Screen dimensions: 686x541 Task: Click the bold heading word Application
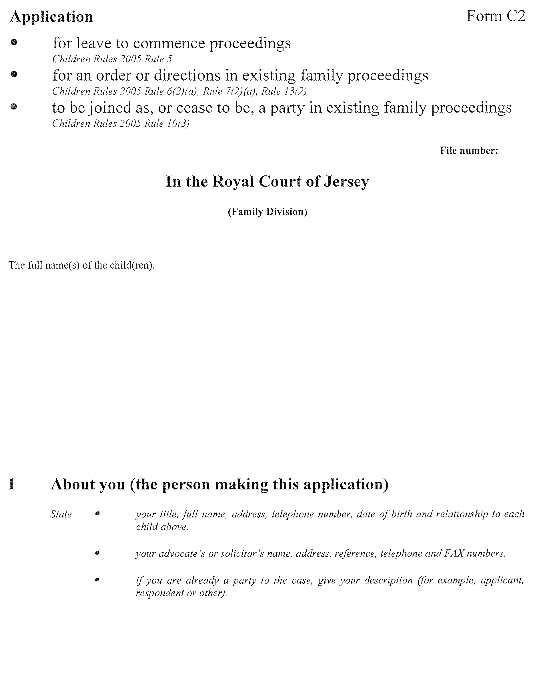tap(51, 17)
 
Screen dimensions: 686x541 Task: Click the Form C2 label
tap(496, 16)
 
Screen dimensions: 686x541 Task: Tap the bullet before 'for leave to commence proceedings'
tap(14, 42)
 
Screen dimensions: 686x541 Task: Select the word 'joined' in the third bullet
tap(109, 108)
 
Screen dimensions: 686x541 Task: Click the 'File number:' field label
tap(469, 151)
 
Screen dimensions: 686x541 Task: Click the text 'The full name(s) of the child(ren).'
tap(81, 265)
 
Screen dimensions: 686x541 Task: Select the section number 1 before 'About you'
tap(11, 484)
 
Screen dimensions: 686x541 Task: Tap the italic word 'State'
tap(61, 514)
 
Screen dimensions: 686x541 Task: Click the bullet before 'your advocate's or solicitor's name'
tap(97, 553)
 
